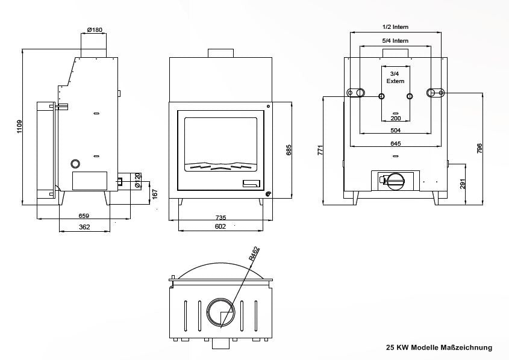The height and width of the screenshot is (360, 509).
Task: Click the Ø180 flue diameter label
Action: point(95,29)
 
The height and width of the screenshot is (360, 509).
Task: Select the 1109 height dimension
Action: point(20,127)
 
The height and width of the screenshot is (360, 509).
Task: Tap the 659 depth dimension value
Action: point(84,216)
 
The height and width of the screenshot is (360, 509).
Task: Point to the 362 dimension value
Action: point(84,227)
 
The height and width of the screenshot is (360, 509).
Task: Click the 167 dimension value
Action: point(155,194)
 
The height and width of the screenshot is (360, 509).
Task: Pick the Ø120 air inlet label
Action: point(138,181)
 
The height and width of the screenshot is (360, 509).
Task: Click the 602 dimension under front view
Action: point(220,227)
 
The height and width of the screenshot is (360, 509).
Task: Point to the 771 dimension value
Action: point(320,150)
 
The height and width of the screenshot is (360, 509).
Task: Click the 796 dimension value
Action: point(479,148)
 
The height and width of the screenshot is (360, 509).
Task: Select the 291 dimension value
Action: point(463,184)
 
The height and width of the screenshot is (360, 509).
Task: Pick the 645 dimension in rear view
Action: point(396,144)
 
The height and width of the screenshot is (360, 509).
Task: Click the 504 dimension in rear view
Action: point(396,130)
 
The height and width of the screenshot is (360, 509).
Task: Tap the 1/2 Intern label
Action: point(396,27)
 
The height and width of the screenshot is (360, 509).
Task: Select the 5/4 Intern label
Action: point(396,41)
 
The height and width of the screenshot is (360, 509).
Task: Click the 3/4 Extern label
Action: point(396,76)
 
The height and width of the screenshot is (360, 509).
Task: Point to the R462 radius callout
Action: point(253,253)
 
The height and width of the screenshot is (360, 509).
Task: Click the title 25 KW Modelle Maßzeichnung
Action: point(439,347)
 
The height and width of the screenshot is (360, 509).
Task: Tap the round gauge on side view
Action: point(76,163)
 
